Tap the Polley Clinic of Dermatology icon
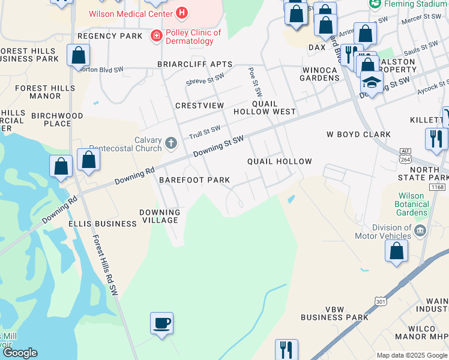(157, 36)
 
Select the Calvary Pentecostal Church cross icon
(171, 143)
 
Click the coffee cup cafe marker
(161, 323)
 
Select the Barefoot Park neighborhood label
(194, 180)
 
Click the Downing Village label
(160, 216)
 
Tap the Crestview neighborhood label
(199, 106)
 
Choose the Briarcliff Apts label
(194, 64)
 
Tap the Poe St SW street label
(255, 82)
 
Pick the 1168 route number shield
(438, 188)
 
